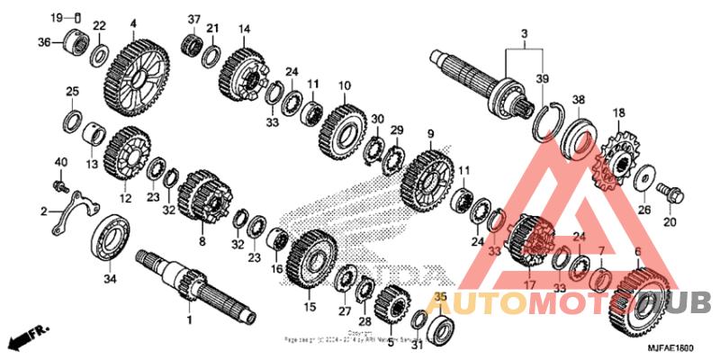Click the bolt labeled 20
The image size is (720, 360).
click(670, 191)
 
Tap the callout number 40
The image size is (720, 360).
click(61, 161)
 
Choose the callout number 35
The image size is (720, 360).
click(440, 296)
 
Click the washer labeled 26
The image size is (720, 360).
click(643, 179)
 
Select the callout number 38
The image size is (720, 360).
click(578, 99)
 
